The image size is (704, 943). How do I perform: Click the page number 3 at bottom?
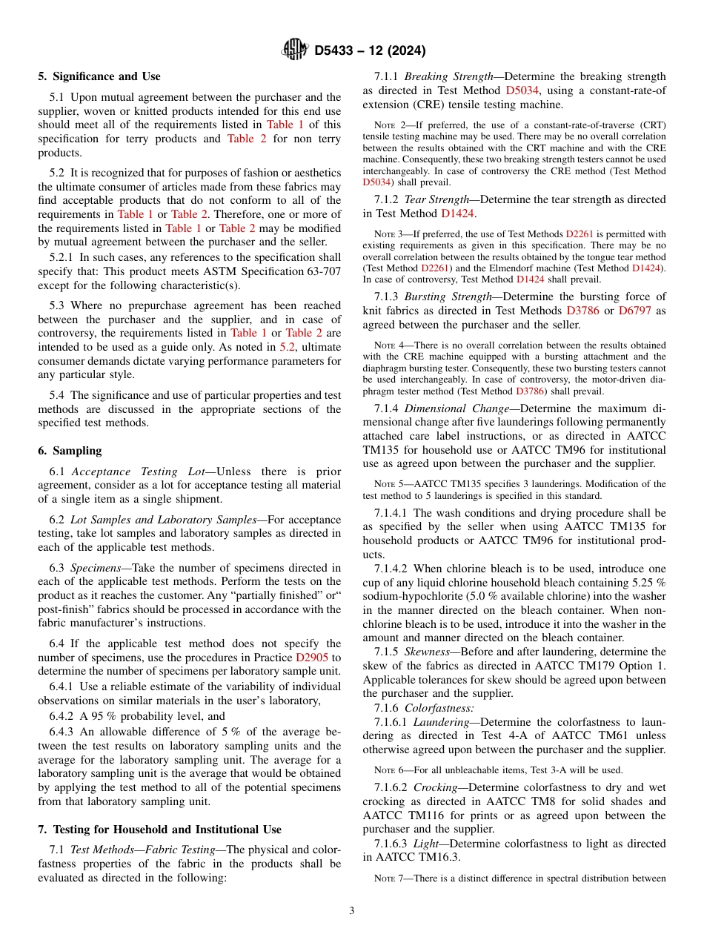pos(351,911)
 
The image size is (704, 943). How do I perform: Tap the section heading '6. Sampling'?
pos(70,451)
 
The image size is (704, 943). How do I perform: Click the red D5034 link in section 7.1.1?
pos(522,90)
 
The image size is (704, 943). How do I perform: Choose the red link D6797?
pos(635,311)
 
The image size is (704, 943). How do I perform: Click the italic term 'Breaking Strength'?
pos(449,76)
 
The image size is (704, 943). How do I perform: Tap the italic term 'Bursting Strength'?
pos(448,297)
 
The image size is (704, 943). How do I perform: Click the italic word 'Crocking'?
pos(436,787)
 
